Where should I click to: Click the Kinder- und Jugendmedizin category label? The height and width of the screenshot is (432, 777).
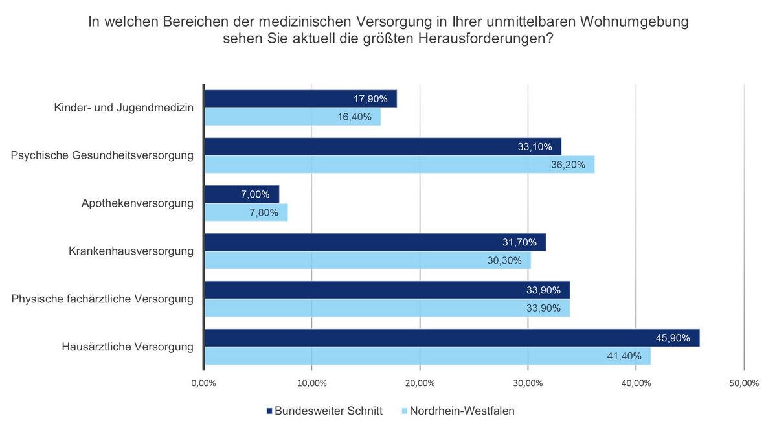click(124, 108)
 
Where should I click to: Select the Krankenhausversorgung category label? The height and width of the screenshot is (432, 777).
click(131, 251)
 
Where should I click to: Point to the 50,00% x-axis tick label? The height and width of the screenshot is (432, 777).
click(743, 383)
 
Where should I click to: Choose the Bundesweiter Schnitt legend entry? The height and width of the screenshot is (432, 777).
click(324, 411)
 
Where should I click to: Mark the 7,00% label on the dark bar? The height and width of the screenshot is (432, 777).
click(253, 194)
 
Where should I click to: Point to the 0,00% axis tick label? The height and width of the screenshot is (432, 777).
click(203, 383)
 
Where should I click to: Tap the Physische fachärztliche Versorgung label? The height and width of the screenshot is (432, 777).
click(103, 299)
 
